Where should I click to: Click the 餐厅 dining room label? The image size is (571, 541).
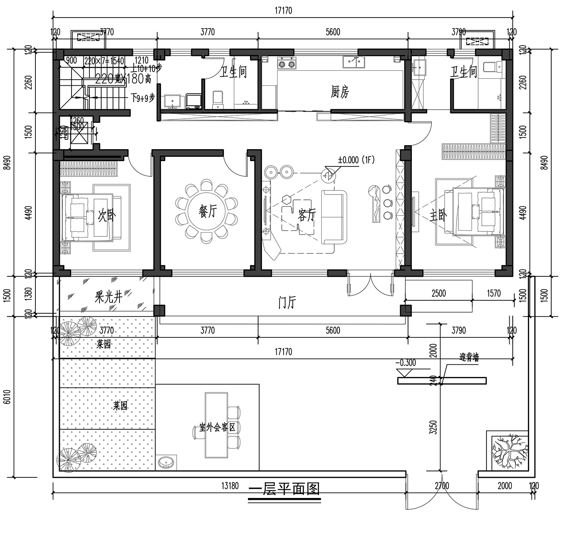208,211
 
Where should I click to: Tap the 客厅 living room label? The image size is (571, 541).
307,215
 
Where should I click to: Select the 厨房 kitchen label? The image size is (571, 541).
340,92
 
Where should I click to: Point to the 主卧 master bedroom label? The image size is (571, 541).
438,215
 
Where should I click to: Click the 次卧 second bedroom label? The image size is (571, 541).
107,215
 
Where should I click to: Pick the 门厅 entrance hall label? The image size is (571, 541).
287,303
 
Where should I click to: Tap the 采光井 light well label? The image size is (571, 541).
108,297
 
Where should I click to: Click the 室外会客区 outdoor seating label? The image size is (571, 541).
217,427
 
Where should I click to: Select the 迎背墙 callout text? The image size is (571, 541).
469,357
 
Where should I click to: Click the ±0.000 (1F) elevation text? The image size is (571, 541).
356,160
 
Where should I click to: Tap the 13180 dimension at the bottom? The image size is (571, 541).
230,486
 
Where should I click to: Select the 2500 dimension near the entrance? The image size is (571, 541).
439,293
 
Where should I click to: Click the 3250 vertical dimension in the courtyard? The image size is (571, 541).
433,427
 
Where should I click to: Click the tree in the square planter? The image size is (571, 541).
508,453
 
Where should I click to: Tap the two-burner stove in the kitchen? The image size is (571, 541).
287,64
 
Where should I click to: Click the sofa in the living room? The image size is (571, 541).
334,217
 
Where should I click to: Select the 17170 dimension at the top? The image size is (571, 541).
283,11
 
